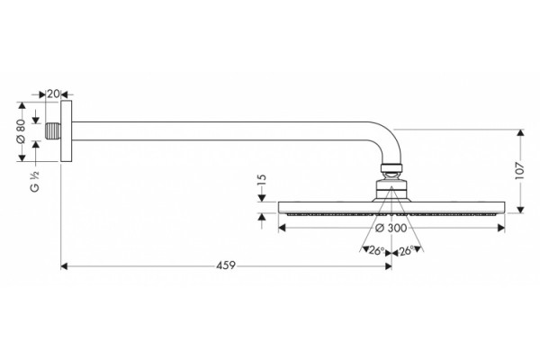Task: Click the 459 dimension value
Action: click(x=226, y=265)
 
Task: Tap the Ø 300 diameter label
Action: click(x=391, y=228)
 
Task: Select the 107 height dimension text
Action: click(x=519, y=170)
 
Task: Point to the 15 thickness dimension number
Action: click(x=262, y=181)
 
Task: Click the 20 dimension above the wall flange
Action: click(x=53, y=94)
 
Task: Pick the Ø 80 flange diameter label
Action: click(x=21, y=131)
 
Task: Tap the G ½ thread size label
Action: click(x=35, y=182)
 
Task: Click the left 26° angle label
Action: click(x=376, y=250)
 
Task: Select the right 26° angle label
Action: click(x=406, y=250)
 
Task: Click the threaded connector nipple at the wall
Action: click(x=54, y=131)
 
